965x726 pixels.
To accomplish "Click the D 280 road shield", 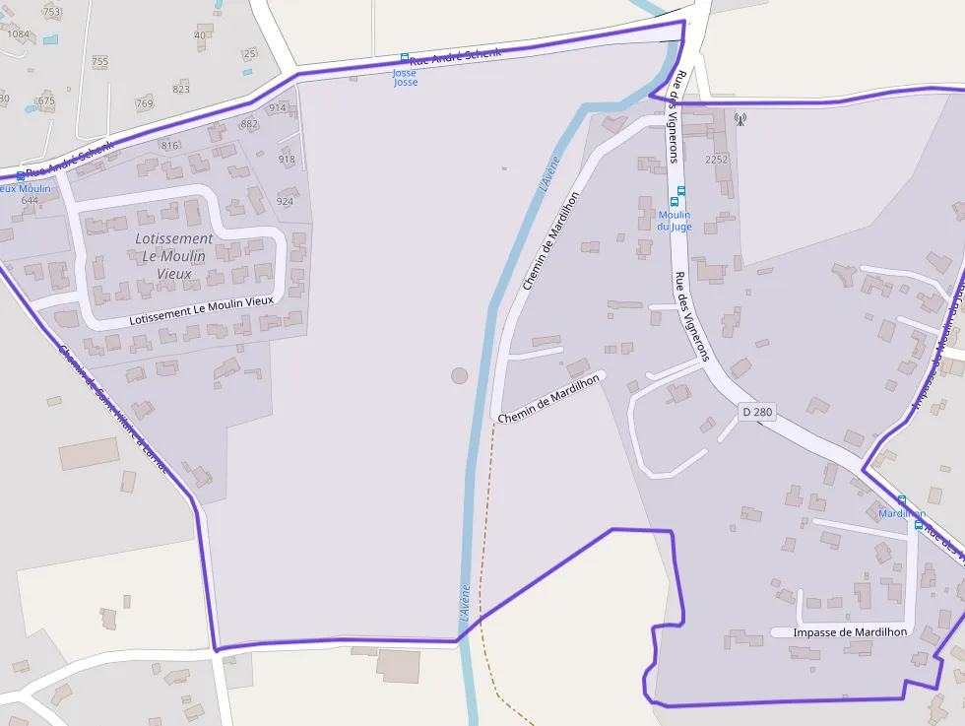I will [756, 412].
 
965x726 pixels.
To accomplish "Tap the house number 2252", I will [717, 160].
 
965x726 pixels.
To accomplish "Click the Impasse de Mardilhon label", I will [840, 631].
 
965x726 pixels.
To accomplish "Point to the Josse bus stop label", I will [406, 78].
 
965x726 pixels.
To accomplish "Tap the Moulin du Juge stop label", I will [675, 221].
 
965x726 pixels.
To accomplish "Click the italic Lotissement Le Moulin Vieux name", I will [173, 256].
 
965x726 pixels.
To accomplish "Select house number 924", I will [285, 202].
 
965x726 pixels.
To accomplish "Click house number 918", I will [287, 160].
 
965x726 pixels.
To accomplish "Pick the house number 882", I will [249, 124].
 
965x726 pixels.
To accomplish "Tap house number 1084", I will [18, 33].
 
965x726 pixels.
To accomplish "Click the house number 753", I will [51, 12].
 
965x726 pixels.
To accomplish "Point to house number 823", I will [181, 89].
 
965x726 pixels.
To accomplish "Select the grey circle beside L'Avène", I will [459, 375].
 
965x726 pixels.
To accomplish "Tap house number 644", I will [30, 201].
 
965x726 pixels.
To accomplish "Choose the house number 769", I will [145, 103].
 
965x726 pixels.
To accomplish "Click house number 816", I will [170, 146].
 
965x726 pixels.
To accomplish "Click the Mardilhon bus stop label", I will [902, 514].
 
